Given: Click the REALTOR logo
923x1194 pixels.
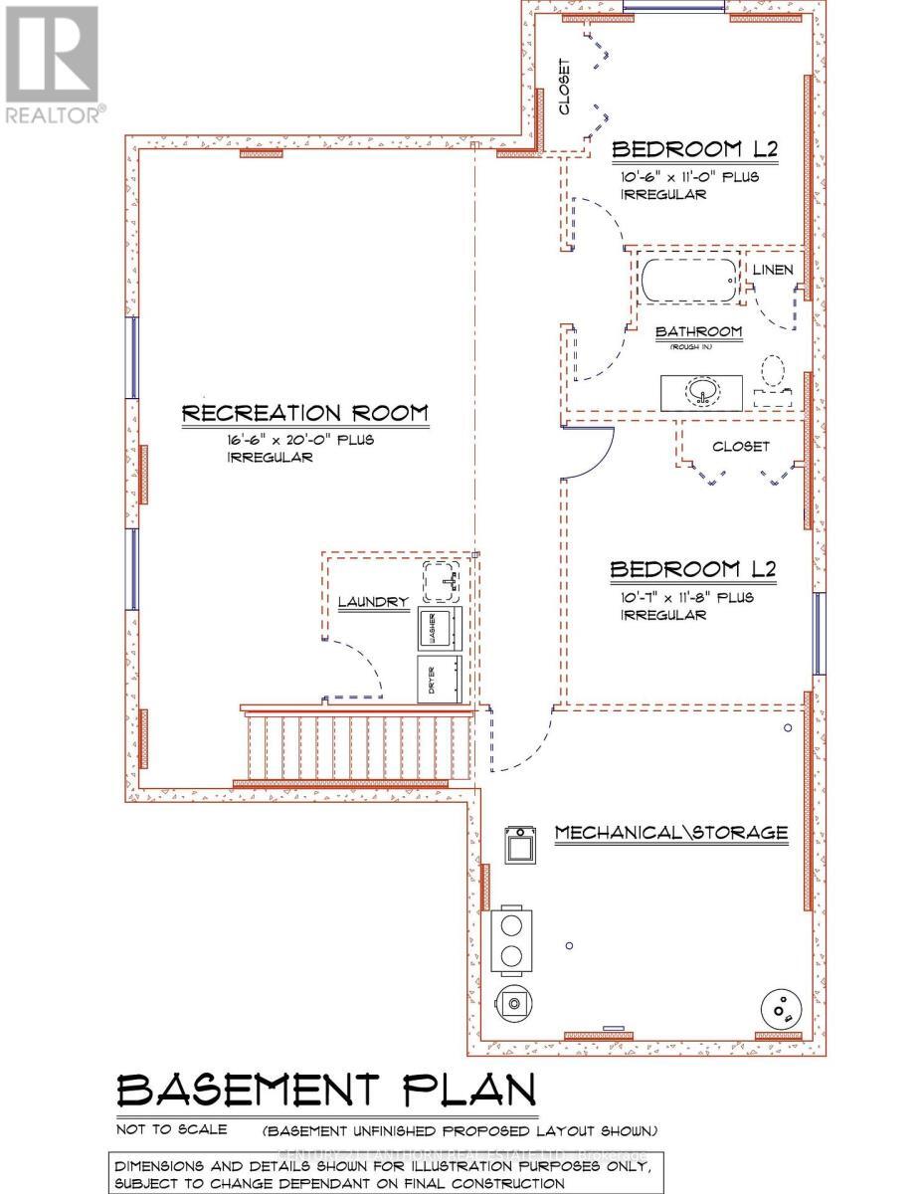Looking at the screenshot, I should (52, 65).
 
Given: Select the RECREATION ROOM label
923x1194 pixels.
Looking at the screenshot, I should (304, 413).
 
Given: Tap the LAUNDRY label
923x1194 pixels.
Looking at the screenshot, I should (373, 602).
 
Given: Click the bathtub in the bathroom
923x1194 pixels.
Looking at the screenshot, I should (689, 283).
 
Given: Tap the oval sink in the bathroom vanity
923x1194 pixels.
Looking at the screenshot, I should (703, 392).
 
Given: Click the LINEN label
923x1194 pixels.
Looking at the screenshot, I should (773, 271).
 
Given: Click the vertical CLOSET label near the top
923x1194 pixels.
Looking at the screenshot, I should (565, 87).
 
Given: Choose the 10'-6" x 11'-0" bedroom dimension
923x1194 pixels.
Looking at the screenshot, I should (689, 177).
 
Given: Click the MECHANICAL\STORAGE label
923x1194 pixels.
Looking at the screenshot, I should (671, 833).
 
